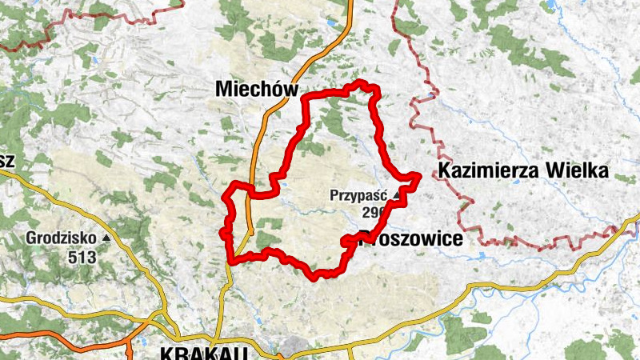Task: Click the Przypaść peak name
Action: click(359, 194)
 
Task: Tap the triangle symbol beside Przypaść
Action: click(396, 194)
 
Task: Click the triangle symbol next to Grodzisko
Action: click(106, 238)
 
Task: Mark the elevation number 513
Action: click(82, 257)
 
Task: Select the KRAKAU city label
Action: click(203, 352)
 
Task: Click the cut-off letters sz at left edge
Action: click(7, 160)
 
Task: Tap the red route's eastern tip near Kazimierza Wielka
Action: click(418, 177)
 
